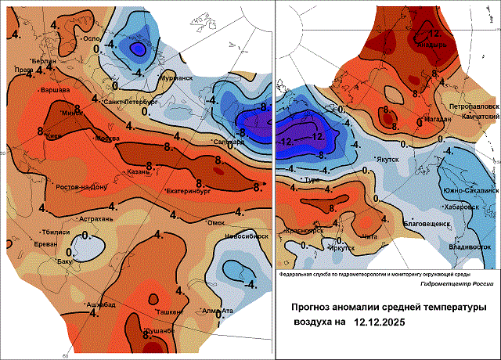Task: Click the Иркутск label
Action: point(342,248)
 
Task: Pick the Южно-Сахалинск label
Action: point(470,190)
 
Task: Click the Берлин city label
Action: point(44,60)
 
